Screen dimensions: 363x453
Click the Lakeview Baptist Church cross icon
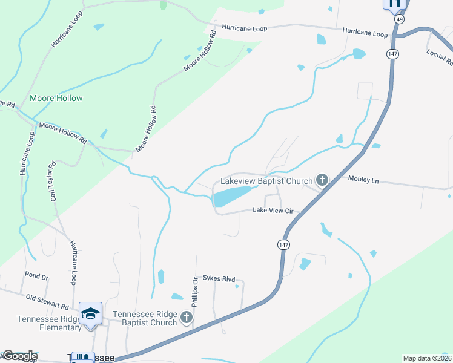(322, 180)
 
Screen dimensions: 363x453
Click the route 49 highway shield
(399, 19)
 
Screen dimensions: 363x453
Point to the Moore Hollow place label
(56, 98)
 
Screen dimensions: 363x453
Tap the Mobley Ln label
(363, 180)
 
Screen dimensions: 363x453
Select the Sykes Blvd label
(218, 278)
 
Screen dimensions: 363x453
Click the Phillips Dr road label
(195, 291)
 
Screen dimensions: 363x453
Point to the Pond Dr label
(36, 276)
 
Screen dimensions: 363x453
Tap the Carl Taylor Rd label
(53, 181)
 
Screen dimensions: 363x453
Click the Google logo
(19, 356)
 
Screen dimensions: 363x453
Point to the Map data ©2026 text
(428, 358)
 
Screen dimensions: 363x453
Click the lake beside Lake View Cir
(232, 195)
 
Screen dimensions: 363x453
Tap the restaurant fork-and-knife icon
(394, 5)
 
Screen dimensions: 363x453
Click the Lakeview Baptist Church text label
(266, 180)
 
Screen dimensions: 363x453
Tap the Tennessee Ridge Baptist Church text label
(145, 318)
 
